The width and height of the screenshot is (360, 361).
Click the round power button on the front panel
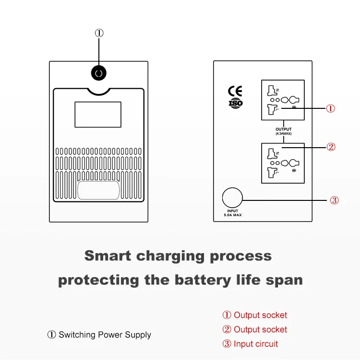tap(99, 73)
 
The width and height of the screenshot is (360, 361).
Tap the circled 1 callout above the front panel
tap(99, 33)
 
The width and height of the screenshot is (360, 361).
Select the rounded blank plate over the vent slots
tap(98, 190)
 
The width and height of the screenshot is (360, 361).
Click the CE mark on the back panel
tap(235, 91)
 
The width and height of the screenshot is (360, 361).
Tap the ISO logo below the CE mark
tap(235, 103)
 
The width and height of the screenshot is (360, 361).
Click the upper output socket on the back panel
tap(283, 100)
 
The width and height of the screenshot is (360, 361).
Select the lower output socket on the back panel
tap(283, 163)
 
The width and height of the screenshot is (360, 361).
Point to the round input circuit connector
tap(232, 197)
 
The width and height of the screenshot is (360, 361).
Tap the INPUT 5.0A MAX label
tap(233, 213)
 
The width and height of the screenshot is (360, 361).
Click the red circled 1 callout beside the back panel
tap(331, 108)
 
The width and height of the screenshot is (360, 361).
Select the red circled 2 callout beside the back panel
tap(331, 147)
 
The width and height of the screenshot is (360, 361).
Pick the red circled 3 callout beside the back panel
tap(335, 200)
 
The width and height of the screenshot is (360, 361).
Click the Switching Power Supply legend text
tap(105, 335)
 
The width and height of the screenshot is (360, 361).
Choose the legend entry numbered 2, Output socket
tap(254, 329)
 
